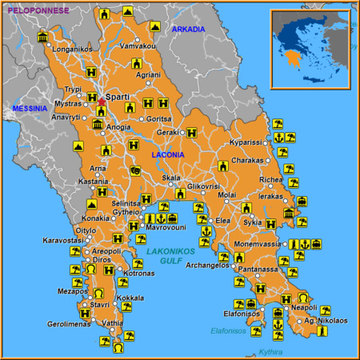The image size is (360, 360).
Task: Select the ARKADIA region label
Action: click(188, 30)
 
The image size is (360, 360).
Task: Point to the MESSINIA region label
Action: click(30, 107)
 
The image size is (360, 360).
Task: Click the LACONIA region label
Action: click(168, 154)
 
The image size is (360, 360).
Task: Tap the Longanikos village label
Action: click(72, 49)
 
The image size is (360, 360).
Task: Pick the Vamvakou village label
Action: click(137, 46)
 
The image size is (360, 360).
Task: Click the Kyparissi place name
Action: click(246, 142)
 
